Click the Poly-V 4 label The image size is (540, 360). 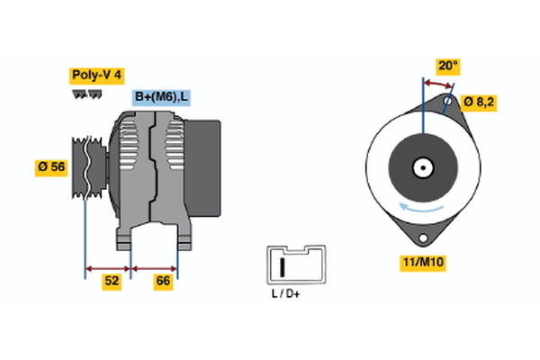click(x=97, y=76)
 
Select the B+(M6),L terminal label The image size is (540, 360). click(x=162, y=97)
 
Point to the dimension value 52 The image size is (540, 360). click(x=112, y=282)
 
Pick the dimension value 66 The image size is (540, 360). click(x=164, y=282)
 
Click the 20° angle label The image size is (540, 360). click(x=447, y=66)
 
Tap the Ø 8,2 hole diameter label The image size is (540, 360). click(x=479, y=102)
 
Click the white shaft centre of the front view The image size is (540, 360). click(x=421, y=167)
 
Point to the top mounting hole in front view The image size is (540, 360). click(x=448, y=102)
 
